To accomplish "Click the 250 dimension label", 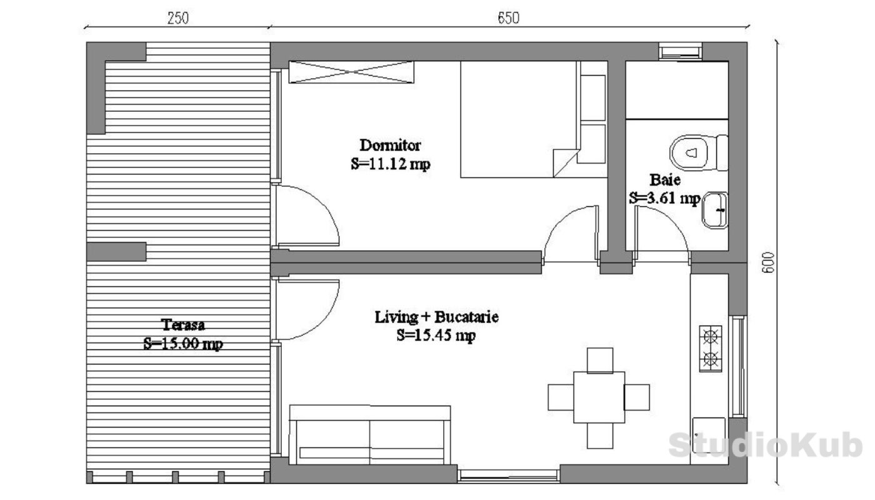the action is (178, 18).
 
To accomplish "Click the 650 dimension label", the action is (509, 18).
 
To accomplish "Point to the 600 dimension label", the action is (768, 262).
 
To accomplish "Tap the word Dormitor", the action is (390, 145).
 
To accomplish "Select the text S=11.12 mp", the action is (391, 164).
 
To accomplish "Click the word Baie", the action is (665, 180).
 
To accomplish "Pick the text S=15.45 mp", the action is (436, 335).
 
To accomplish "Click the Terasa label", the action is (182, 325).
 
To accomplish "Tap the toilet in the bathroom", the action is (699, 152).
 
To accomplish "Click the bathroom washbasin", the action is (715, 210).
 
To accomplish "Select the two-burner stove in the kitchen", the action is (710, 349).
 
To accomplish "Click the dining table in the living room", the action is (599, 397).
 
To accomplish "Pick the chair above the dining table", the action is (600, 360).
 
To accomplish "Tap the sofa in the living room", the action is (369, 435).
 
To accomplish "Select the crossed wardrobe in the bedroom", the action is (351, 72).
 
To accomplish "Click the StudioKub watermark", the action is (766, 445).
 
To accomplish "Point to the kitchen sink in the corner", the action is (709, 435).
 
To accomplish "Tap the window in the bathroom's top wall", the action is (681, 52).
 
